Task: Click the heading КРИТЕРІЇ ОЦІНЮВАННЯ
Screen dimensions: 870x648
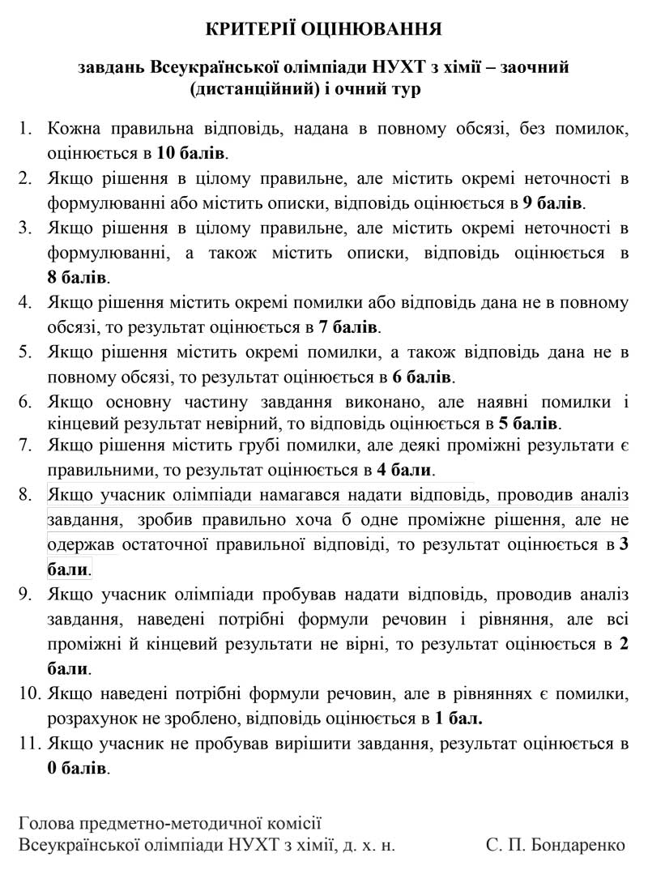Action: [x=323, y=30]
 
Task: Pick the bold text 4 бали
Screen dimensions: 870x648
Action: [x=403, y=470]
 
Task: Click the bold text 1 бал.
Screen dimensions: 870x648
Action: [x=458, y=718]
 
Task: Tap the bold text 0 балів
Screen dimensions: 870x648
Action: [x=77, y=766]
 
